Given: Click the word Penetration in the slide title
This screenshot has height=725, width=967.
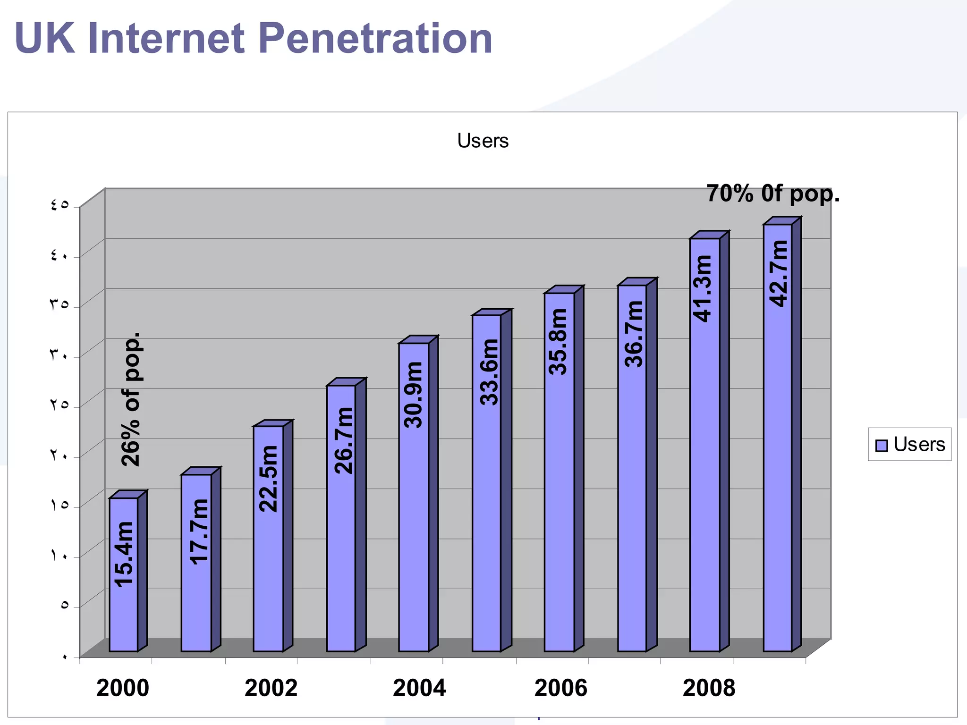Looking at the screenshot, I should tap(375, 39).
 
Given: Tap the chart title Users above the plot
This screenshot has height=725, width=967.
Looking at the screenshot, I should tap(483, 141).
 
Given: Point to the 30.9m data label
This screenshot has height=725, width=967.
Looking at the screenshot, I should tap(414, 395).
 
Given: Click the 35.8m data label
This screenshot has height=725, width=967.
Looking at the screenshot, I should tap(559, 342).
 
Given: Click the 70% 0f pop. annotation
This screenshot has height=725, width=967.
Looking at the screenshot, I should tap(772, 194).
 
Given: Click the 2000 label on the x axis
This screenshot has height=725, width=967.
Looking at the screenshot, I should tap(123, 688).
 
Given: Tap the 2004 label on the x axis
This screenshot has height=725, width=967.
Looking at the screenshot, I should tap(419, 688).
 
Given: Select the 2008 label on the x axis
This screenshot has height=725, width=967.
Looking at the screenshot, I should tap(709, 688).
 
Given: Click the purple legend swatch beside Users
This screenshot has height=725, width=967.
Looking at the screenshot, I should tap(881, 445).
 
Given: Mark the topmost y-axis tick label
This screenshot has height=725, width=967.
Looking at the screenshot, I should tap(59, 205).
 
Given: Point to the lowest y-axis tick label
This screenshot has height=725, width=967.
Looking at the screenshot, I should tap(64, 656).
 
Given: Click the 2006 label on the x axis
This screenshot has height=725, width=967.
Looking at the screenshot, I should tap(560, 688).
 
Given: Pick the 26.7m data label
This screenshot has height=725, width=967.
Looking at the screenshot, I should tap(344, 440).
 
